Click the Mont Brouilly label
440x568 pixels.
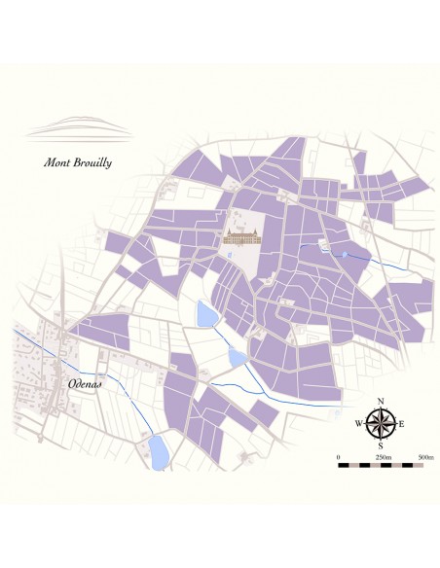78,162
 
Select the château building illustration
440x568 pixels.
241,236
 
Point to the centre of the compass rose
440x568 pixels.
381,422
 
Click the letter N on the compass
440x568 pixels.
381,402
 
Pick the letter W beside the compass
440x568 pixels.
359,423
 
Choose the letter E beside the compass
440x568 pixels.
401,423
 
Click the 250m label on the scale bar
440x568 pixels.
383,456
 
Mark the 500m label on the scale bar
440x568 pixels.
425,456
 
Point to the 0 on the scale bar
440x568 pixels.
338,456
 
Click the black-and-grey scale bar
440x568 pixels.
381,466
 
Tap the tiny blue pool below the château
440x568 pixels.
229,256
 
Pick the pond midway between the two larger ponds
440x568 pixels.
238,357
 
